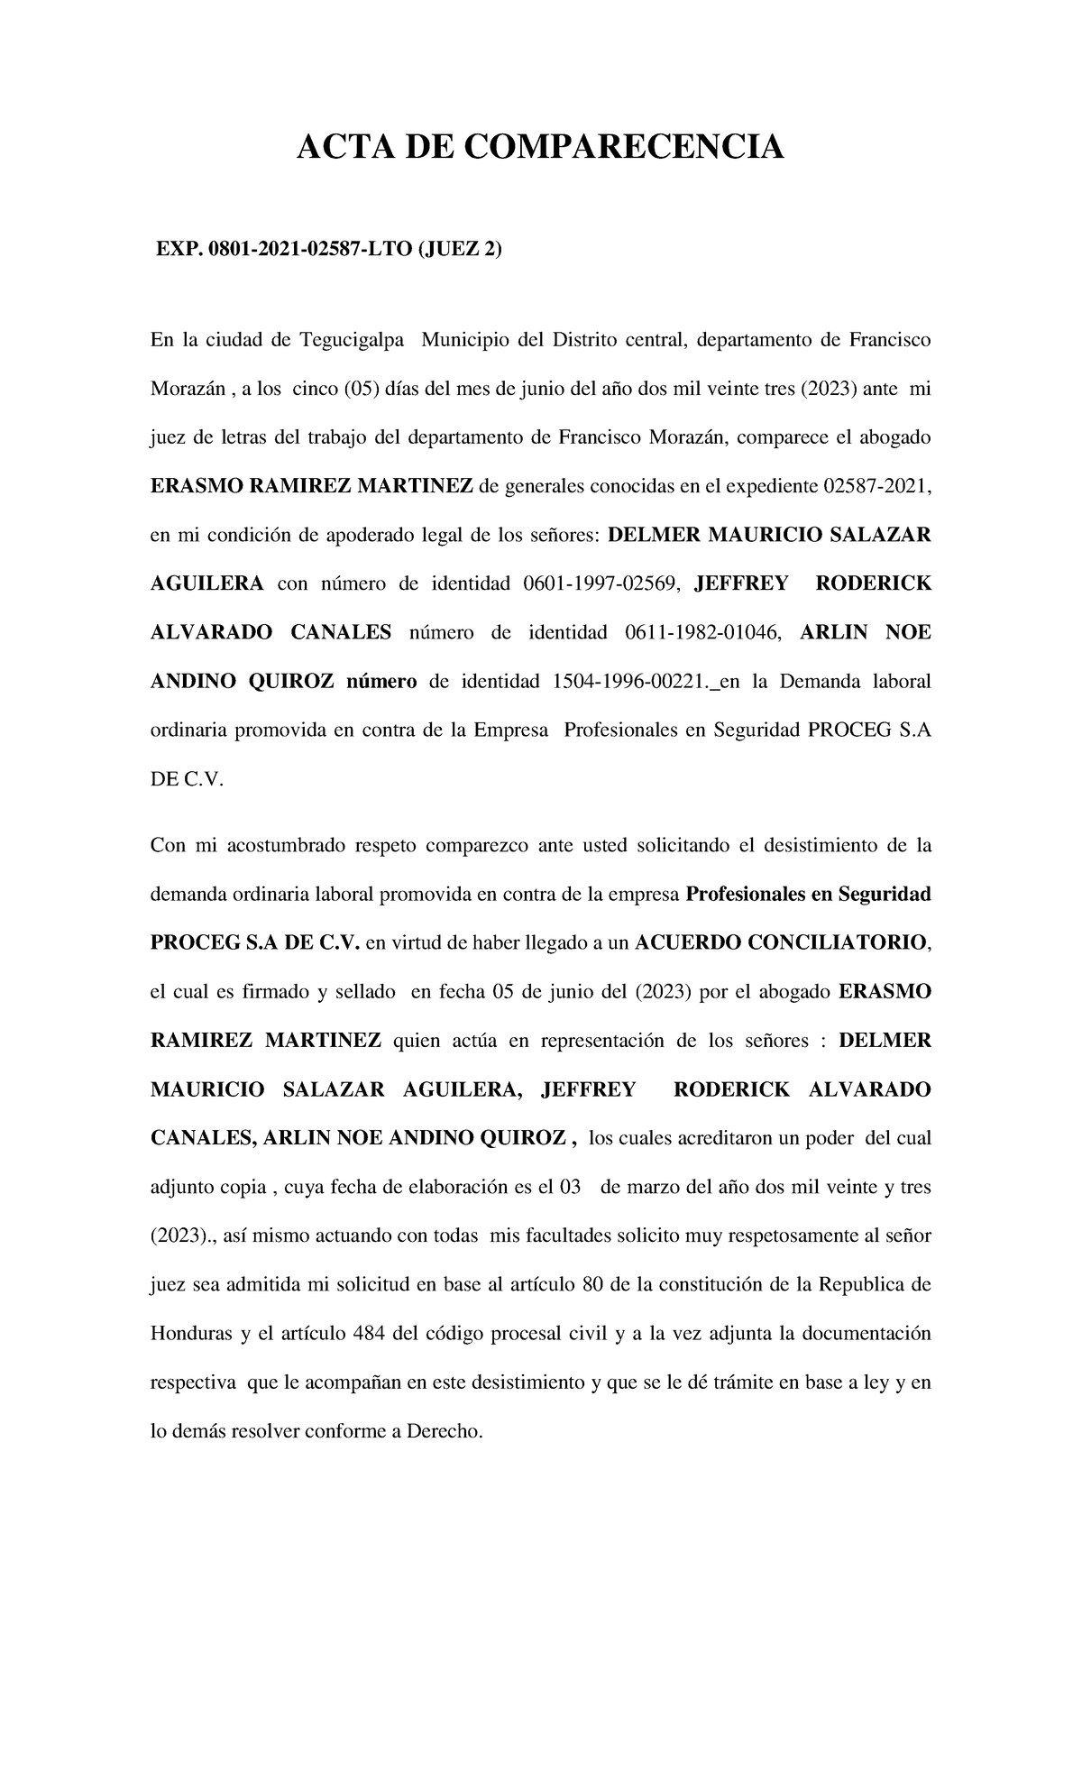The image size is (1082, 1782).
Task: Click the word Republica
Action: coord(858,1284)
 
